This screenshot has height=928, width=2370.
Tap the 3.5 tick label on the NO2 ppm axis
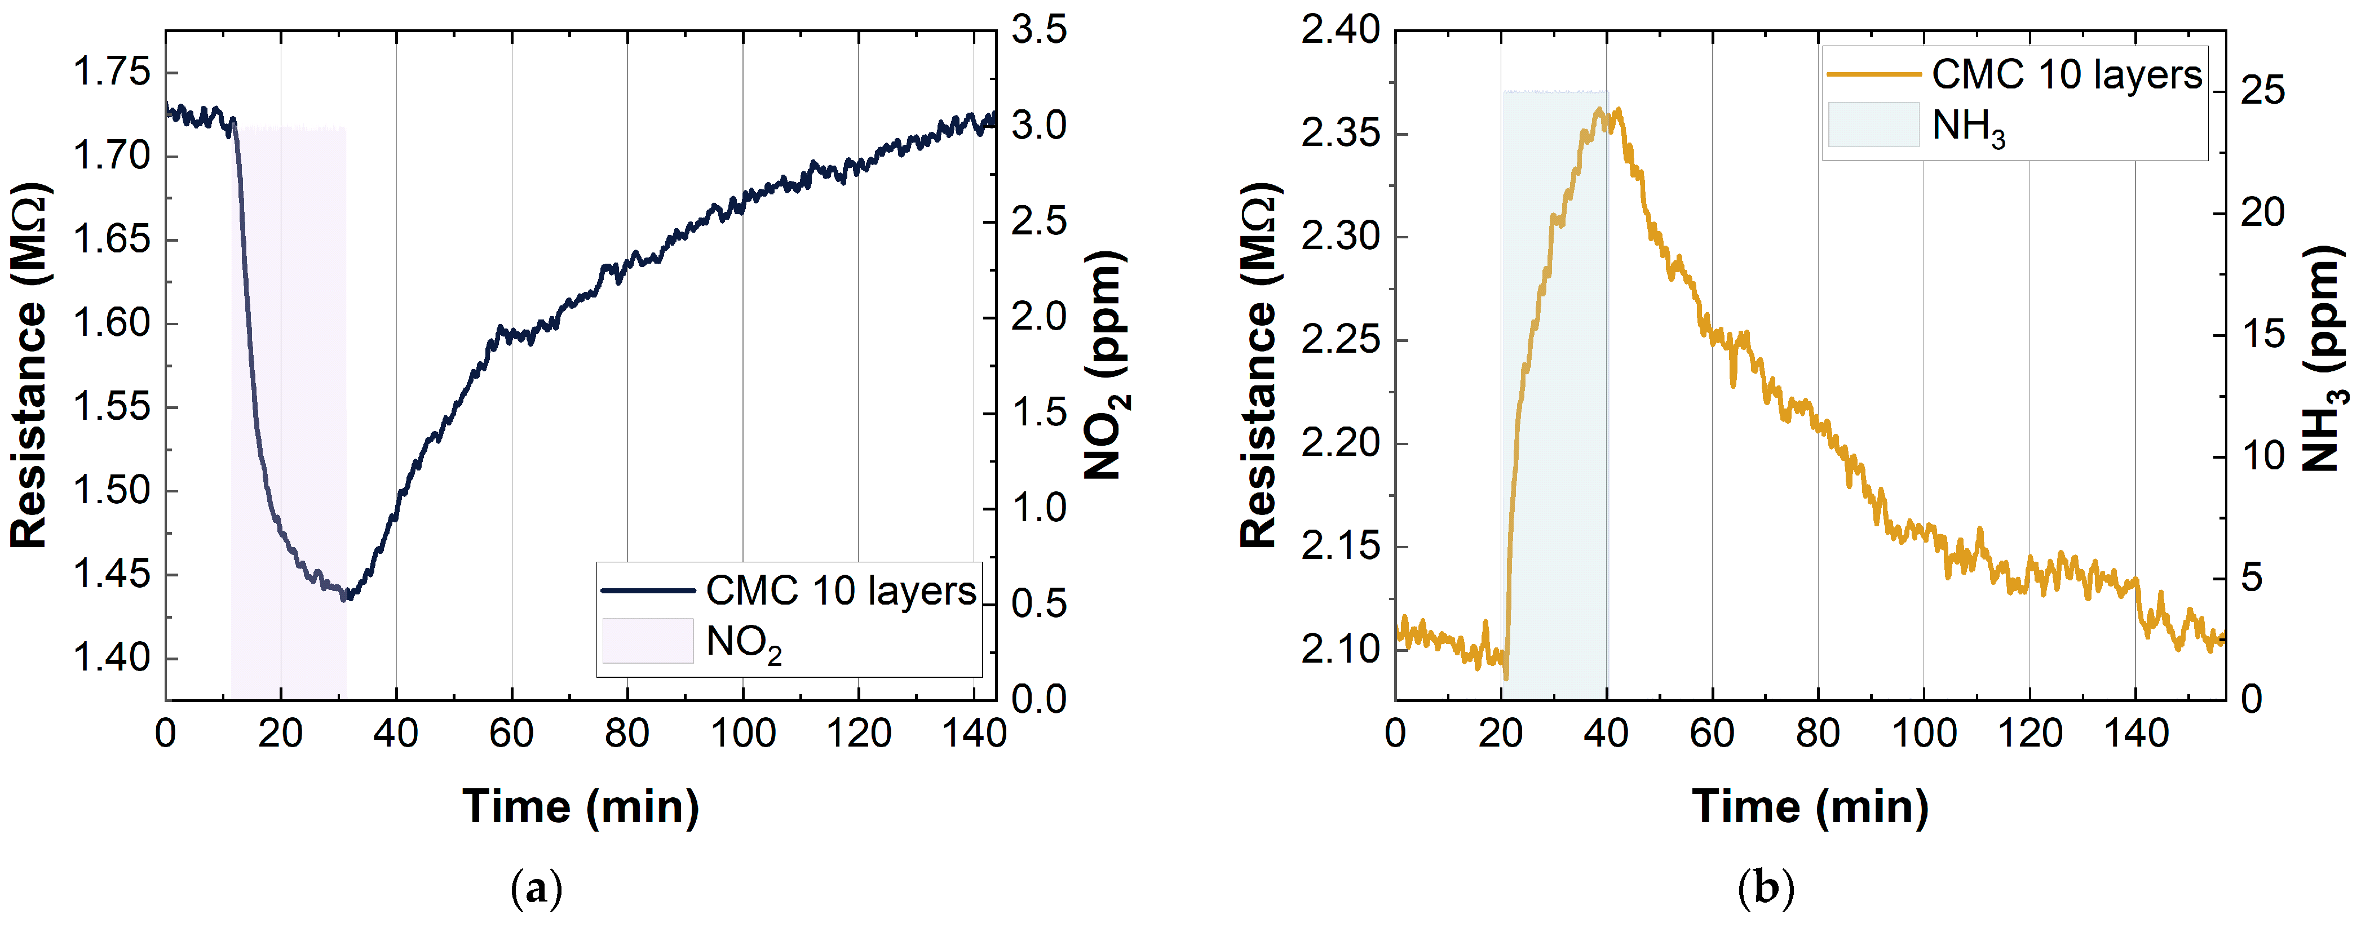pyautogui.click(x=1039, y=30)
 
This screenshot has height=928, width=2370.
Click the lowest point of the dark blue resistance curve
pyautogui.click(x=346, y=598)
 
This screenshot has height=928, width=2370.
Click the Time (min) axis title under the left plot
pyautogui.click(x=581, y=807)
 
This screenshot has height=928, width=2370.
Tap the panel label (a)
pyautogui.click(x=536, y=889)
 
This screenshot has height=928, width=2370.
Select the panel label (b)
pyautogui.click(x=1766, y=889)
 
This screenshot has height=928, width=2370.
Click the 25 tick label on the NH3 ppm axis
pyautogui.click(x=2262, y=90)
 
